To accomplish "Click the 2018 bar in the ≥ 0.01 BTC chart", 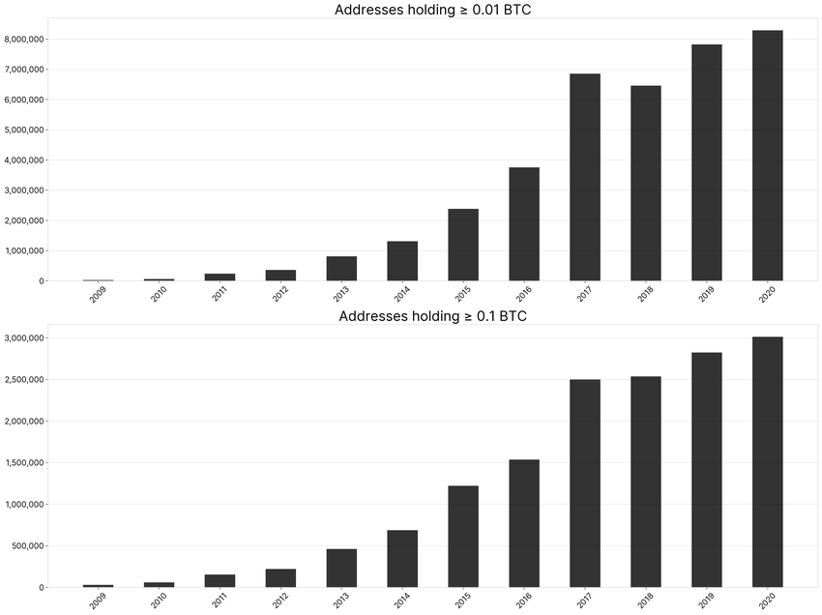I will pos(646,184).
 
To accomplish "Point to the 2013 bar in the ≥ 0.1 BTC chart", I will pos(341,569).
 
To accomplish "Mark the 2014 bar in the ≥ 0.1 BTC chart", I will pos(402,559).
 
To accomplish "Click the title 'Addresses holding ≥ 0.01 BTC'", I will pos(431,11).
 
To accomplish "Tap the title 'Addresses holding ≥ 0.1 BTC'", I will pos(431,316).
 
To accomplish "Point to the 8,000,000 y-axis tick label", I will pos(26,40).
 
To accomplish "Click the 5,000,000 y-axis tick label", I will pos(26,131).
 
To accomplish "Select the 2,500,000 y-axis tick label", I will pos(26,380).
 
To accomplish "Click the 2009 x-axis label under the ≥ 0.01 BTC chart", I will pos(99,294).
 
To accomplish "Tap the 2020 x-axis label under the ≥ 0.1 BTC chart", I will pos(766,600).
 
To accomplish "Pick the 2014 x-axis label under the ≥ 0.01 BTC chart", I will pos(401,294).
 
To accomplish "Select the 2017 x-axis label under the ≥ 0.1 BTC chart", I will pos(584,600).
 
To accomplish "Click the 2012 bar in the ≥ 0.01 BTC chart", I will pos(280,276).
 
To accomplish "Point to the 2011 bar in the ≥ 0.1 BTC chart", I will pos(220,581).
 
